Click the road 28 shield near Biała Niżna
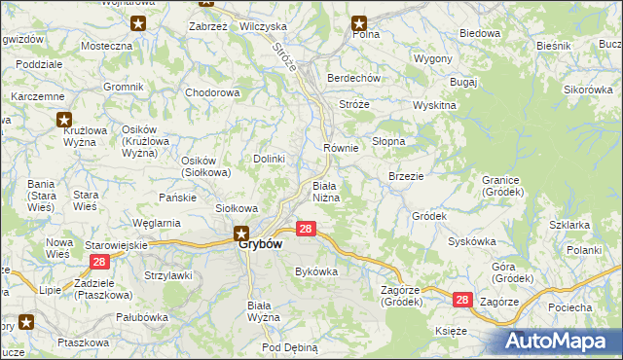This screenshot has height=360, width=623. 306,229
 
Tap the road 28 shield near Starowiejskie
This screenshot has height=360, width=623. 98,263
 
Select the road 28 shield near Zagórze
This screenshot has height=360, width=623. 461,302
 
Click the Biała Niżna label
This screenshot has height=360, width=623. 325,191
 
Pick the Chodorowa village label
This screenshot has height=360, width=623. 212,93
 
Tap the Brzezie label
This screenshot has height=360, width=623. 405,176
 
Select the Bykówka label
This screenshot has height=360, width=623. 315,271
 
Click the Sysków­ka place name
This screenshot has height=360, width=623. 472,240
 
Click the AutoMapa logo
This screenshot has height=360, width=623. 559,341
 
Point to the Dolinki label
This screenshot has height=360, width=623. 269,159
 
